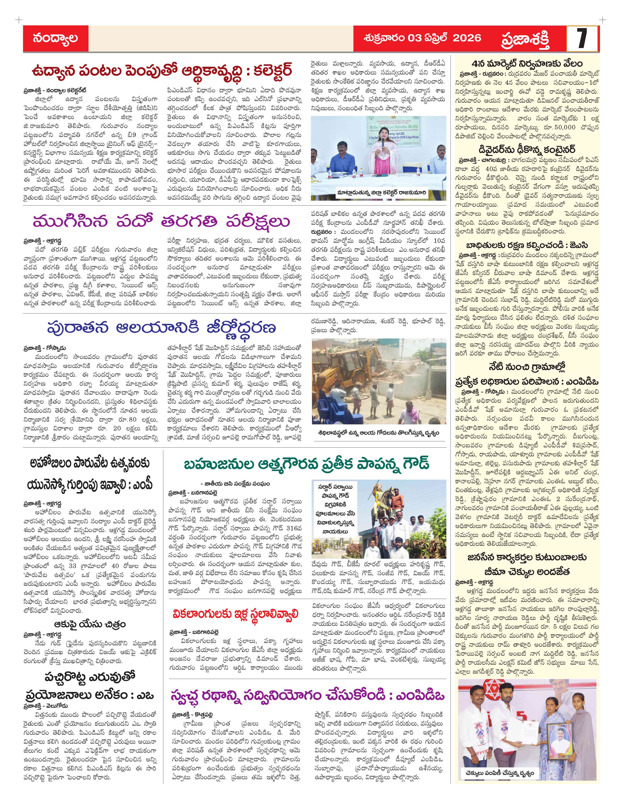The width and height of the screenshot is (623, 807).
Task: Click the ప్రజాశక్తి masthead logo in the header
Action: [525, 39]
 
